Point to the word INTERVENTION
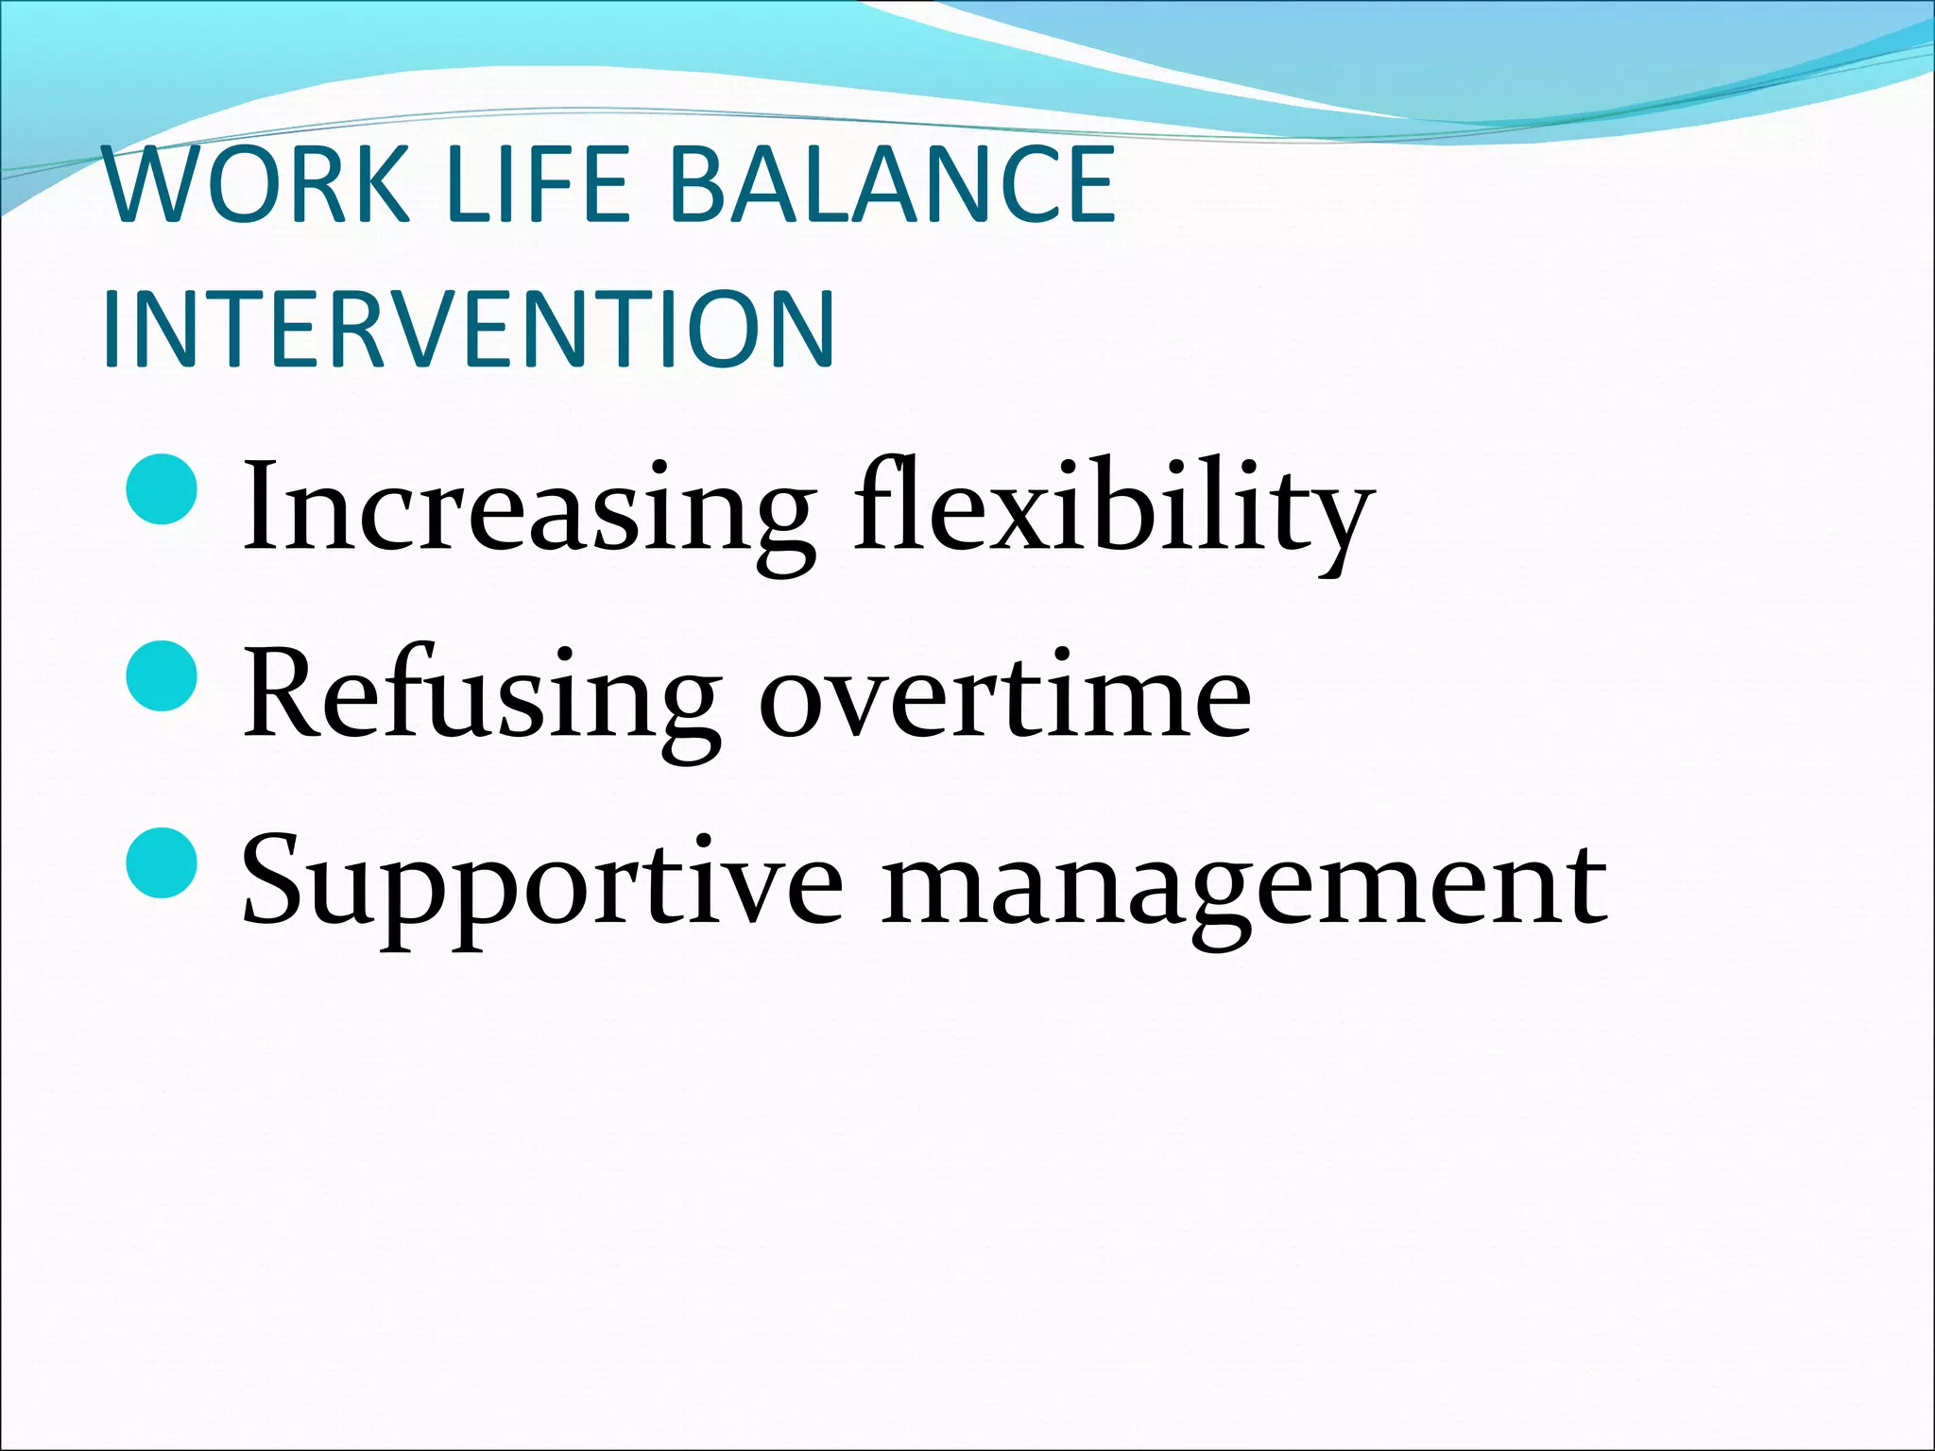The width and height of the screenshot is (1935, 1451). pyautogui.click(x=469, y=330)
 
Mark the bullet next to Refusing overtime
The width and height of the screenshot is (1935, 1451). pyautogui.click(x=162, y=675)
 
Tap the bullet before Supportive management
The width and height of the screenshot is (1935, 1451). pyautogui.click(x=162, y=862)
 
